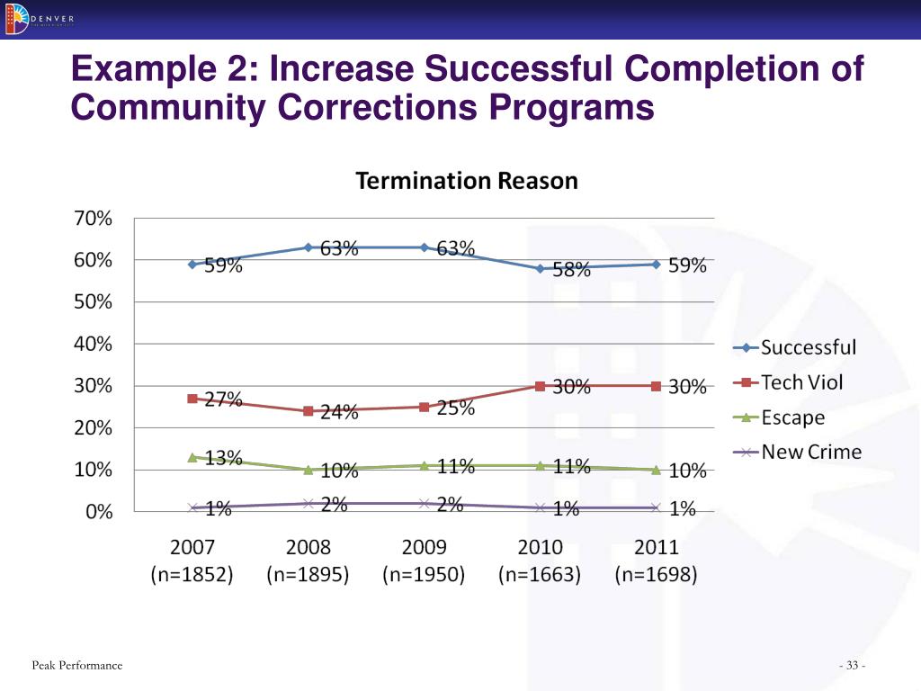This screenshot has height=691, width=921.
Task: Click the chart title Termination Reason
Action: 467,181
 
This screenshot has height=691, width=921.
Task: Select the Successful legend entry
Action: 808,347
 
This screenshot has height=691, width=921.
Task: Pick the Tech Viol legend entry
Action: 801,382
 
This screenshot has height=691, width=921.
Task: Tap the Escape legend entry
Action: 792,417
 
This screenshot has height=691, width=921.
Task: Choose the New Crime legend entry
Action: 810,453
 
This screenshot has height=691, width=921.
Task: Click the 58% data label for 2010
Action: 571,270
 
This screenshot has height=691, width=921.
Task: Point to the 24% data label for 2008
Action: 338,413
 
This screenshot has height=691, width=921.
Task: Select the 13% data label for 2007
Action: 222,458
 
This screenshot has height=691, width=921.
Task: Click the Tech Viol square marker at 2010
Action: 541,386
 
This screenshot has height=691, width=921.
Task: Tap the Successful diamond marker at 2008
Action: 308,247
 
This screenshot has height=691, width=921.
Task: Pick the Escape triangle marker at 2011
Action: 656,470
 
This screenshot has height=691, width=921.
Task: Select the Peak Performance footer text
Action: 76,665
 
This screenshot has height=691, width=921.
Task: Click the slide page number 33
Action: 851,666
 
